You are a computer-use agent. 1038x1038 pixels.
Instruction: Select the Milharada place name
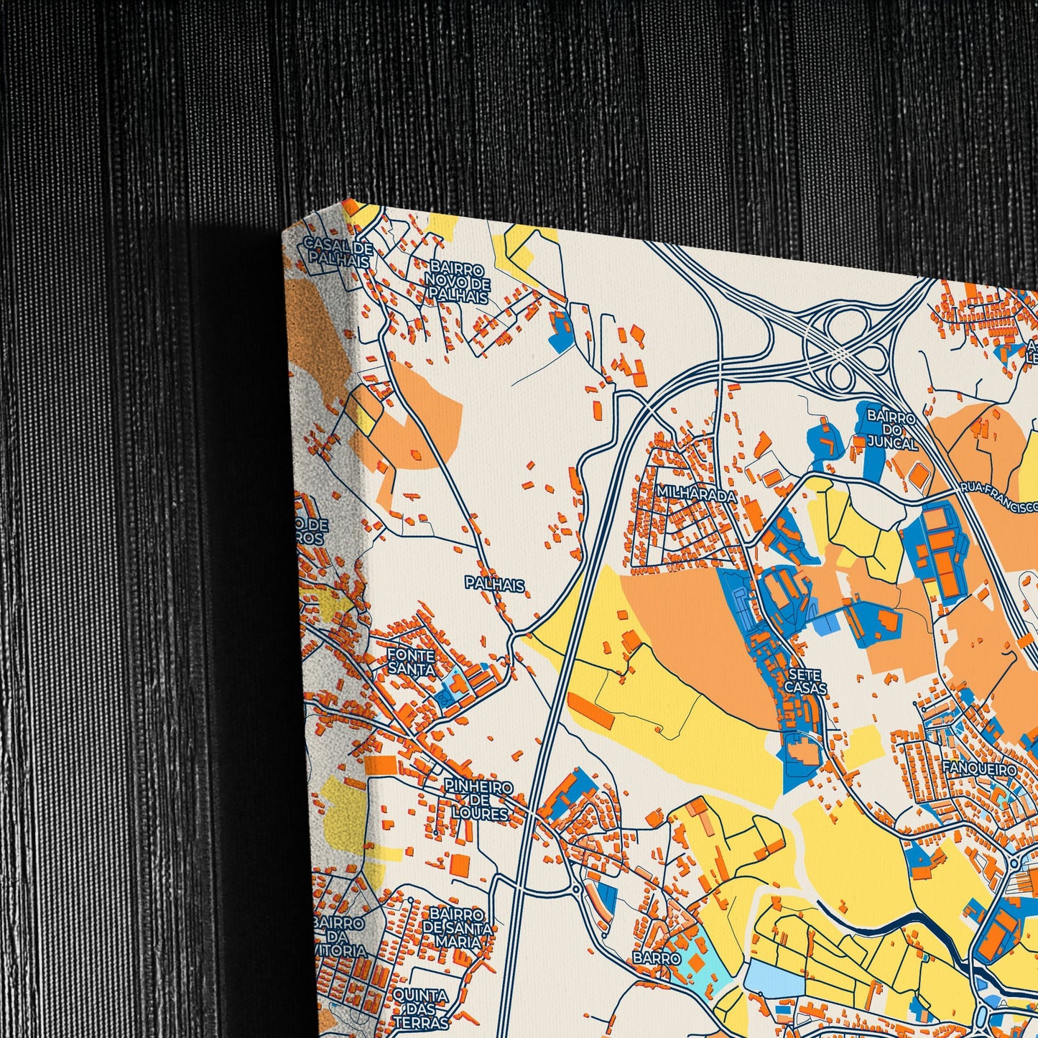[x=696, y=496]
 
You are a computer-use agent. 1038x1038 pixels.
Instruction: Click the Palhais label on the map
[x=494, y=585]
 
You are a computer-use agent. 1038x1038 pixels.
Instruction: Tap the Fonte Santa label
[x=411, y=662]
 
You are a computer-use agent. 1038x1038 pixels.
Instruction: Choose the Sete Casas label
[x=805, y=681]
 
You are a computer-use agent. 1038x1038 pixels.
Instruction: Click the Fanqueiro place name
[x=979, y=769]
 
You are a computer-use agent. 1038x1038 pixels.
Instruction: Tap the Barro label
[x=657, y=958]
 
